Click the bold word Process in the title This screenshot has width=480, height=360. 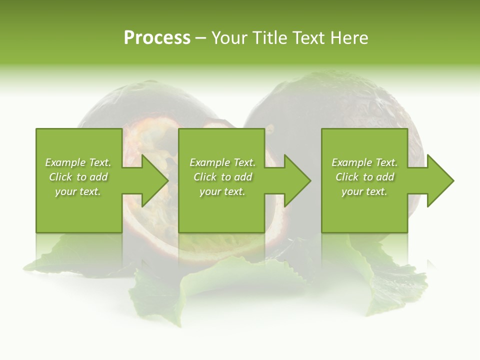coord(157,38)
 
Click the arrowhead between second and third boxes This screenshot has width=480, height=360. coord(297,180)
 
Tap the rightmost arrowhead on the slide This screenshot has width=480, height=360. coord(440,180)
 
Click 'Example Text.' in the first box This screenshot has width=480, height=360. coord(78,162)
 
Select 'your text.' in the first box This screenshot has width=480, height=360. coord(78,191)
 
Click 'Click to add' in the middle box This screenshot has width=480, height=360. coord(222,177)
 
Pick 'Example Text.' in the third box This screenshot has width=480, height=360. coord(364,162)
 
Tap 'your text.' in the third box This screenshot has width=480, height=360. coord(364,191)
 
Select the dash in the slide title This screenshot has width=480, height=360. coord(200,38)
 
